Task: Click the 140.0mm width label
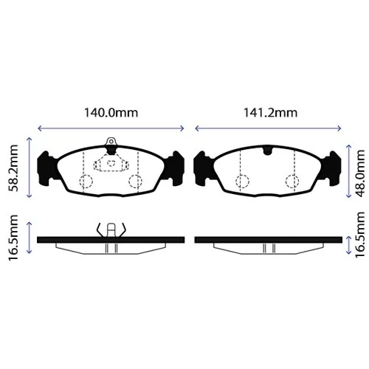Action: [111, 113]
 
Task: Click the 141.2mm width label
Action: [270, 113]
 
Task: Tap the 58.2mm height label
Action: [13, 168]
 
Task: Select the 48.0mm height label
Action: [360, 173]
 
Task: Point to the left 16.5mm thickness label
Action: [13, 238]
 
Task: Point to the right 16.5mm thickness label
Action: [360, 235]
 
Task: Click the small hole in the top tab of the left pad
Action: [111, 142]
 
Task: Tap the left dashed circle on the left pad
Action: [86, 182]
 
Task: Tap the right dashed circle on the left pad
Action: [135, 182]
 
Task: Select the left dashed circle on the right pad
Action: [242, 182]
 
